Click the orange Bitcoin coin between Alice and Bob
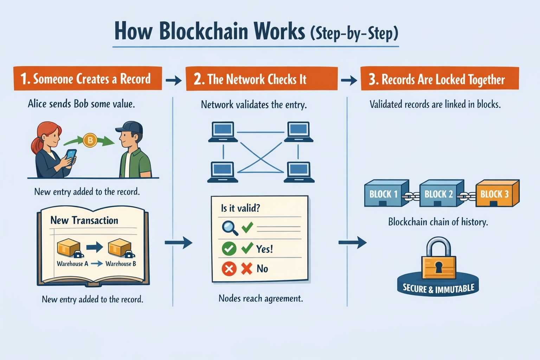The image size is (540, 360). pos(90,141)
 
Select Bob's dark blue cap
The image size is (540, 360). pos(130,128)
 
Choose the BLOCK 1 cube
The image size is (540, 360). pos(385,193)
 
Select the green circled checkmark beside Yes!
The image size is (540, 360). pos(229,249)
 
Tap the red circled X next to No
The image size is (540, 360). pos(229,269)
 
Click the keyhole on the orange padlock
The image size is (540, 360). pos(439,267)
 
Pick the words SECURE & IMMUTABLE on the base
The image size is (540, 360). pos(438,289)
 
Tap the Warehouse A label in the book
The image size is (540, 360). pos(72,264)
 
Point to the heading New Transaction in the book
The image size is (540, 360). pos(84,220)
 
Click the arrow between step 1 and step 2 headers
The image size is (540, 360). pos(173,81)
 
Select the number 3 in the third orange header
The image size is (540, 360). pos(373,79)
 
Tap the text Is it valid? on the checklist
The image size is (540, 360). pos(240,208)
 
